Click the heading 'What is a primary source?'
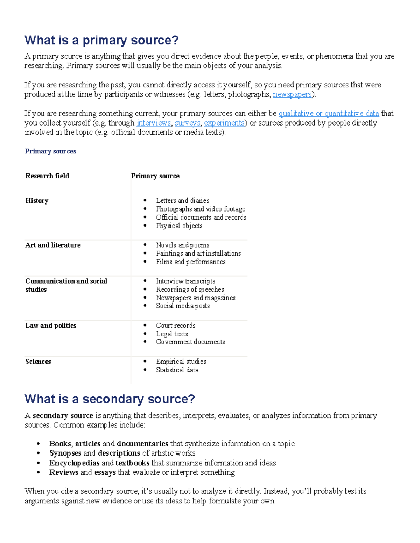tap(101, 40)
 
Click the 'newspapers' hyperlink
tap(292, 94)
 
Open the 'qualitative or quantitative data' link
tap(328, 114)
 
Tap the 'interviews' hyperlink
tap(154, 123)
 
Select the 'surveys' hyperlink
tap(187, 123)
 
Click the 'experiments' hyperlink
tap(224, 123)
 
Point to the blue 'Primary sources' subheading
tap(50, 151)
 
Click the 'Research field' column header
tap(47, 176)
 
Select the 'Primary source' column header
tap(155, 176)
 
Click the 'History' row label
tap(37, 201)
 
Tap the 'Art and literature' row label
tap(53, 245)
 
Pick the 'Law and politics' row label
tap(51, 326)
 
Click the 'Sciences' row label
tap(38, 362)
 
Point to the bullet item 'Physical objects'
tap(179, 226)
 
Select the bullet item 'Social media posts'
tap(183, 306)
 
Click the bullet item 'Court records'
tap(176, 326)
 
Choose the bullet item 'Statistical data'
tap(177, 370)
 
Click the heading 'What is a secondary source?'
tap(110, 399)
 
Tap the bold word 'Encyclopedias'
tap(74, 463)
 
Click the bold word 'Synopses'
tap(65, 453)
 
